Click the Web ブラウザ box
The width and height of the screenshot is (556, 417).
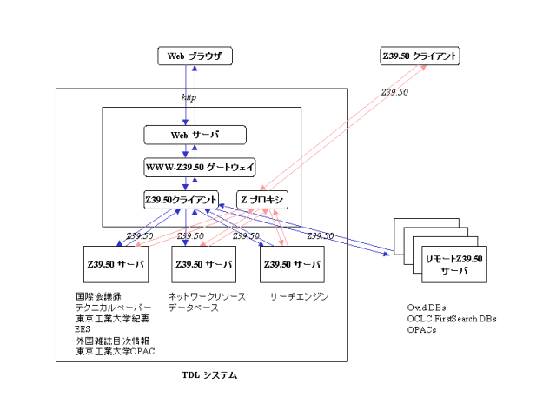pyautogui.click(x=195, y=56)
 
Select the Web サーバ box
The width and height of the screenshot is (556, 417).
pyautogui.click(x=195, y=135)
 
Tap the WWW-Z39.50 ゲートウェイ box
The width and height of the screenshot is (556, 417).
pyautogui.click(x=195, y=167)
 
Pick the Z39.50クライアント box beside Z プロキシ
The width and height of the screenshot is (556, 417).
pyautogui.click(x=182, y=199)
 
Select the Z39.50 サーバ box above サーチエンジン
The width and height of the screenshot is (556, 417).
pyautogui.click(x=292, y=263)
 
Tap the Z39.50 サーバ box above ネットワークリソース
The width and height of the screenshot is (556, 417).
pyautogui.click(x=202, y=263)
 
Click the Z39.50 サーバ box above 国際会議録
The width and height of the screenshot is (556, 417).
pyautogui.click(x=115, y=263)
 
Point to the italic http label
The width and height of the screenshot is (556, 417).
pyautogui.click(x=188, y=97)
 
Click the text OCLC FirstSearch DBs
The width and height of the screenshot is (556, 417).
pyautogui.click(x=452, y=319)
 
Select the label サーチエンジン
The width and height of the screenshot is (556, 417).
pyautogui.click(x=299, y=297)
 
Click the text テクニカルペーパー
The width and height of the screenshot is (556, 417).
pyautogui.click(x=113, y=308)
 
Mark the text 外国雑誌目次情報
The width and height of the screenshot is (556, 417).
pyautogui.click(x=112, y=341)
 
